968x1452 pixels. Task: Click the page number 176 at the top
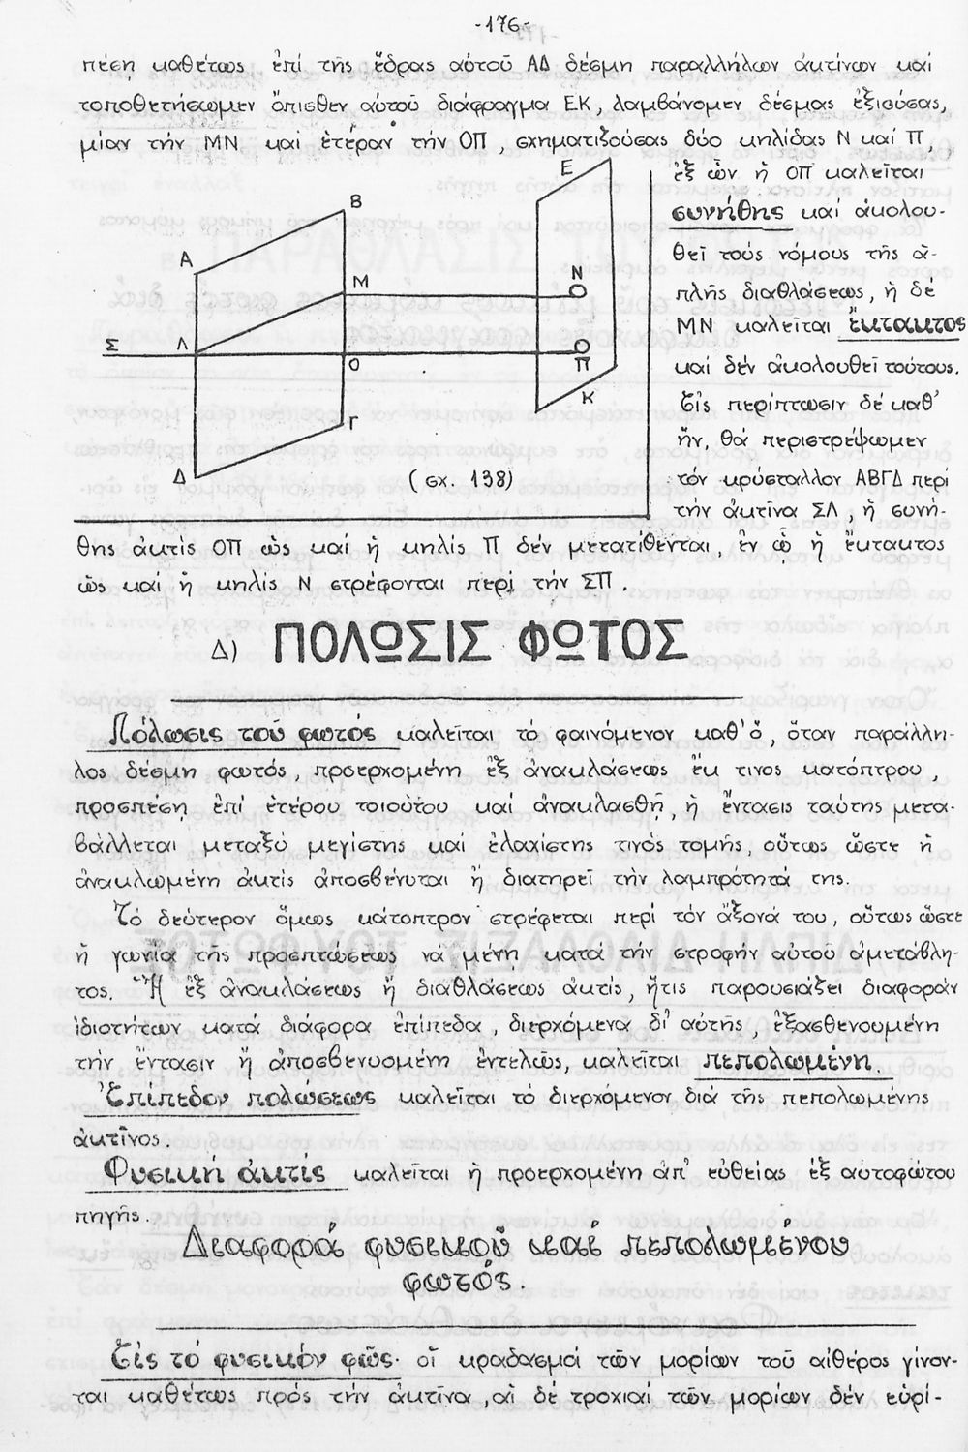tap(500, 22)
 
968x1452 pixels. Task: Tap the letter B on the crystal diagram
tap(355, 201)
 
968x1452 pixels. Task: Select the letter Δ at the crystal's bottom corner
tap(178, 478)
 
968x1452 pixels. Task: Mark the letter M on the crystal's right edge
tap(361, 282)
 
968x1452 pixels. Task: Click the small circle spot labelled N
tap(579, 289)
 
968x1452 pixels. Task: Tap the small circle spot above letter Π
tap(580, 347)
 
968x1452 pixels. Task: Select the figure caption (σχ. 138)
tap(447, 479)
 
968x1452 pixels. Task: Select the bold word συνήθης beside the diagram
tap(721, 212)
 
